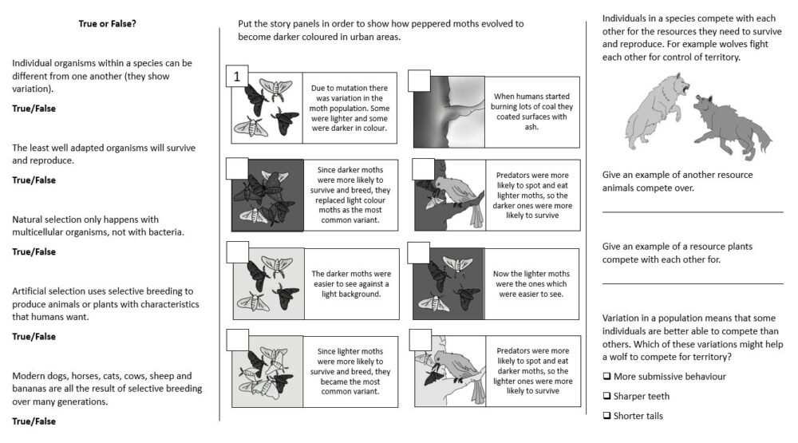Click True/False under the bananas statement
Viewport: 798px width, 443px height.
coord(34,420)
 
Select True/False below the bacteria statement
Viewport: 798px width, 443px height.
coord(34,251)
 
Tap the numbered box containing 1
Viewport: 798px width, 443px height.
coord(237,77)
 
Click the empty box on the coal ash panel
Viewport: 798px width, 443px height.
coord(419,81)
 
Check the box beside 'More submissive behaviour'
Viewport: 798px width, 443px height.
coord(607,377)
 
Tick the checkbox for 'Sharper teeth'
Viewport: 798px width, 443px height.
coord(607,396)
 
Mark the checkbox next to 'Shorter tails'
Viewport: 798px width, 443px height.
coord(607,416)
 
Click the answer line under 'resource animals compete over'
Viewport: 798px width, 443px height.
coord(692,212)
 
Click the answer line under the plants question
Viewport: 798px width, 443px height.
coord(692,283)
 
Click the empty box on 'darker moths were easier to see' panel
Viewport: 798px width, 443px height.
coord(238,252)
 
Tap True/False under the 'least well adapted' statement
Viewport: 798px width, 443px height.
coord(34,180)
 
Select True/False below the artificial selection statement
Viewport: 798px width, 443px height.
coord(34,336)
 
